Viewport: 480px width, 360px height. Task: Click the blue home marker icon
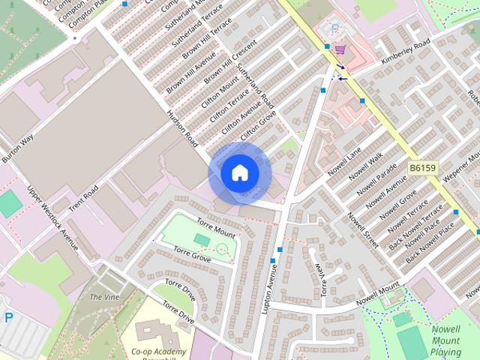[239, 172]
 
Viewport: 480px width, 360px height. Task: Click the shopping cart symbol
[340, 50]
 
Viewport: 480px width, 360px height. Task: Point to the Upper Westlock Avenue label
[52, 218]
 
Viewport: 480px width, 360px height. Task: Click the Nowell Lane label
[344, 158]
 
